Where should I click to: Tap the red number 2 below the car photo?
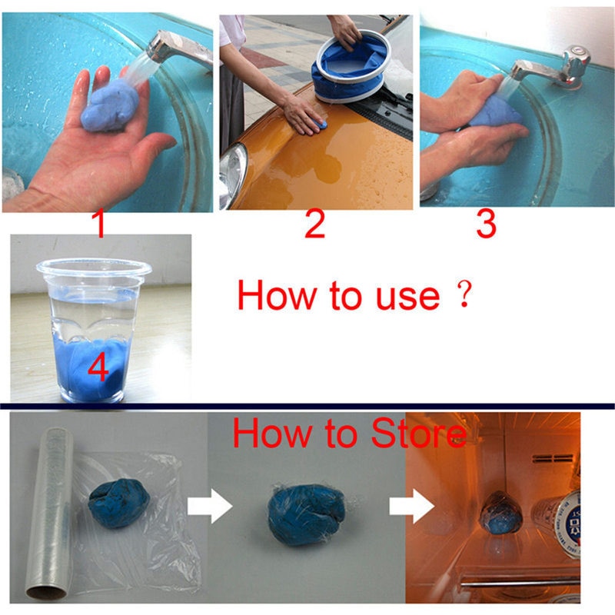[315, 224]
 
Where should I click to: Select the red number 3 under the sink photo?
[486, 224]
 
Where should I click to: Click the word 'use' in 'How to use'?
[408, 297]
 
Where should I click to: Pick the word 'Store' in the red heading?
[419, 434]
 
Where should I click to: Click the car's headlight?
[233, 172]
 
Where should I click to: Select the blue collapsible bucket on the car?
[351, 67]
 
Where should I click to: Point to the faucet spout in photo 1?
[178, 47]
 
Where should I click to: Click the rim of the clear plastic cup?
[94, 268]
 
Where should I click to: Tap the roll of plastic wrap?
[49, 513]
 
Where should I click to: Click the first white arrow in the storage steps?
[210, 506]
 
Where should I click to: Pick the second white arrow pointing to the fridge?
[411, 506]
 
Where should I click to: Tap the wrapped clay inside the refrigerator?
[501, 514]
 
